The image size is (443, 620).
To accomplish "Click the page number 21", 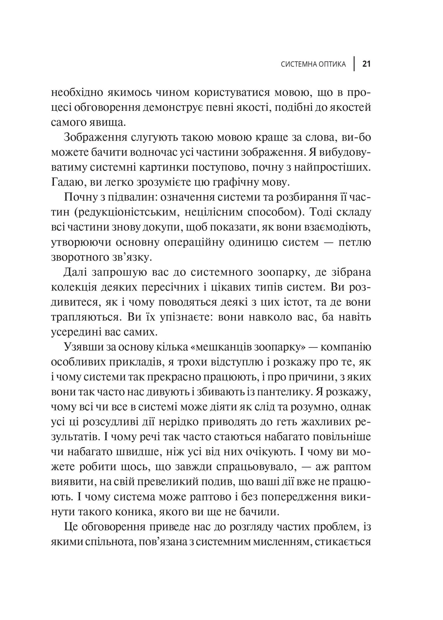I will (x=367, y=64).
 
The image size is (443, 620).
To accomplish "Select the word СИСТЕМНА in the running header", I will (x=297, y=64).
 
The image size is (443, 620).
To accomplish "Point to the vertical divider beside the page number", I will (x=355, y=64).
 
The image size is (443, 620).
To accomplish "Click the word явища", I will (x=106, y=122).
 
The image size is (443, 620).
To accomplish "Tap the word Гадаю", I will (x=66, y=183).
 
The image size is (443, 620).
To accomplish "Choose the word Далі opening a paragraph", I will (x=77, y=272).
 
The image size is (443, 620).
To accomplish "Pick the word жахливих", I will (x=320, y=422).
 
